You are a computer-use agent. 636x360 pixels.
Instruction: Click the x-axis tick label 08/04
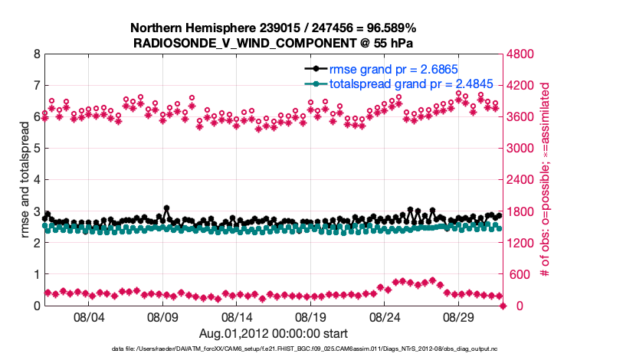[x=88, y=316]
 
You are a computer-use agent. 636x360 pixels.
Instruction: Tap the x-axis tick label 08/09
[x=162, y=316]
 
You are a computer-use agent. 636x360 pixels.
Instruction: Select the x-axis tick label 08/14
[x=237, y=316]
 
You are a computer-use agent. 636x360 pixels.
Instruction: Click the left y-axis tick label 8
[x=36, y=55]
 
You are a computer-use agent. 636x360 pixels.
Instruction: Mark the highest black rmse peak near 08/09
[x=166, y=208]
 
